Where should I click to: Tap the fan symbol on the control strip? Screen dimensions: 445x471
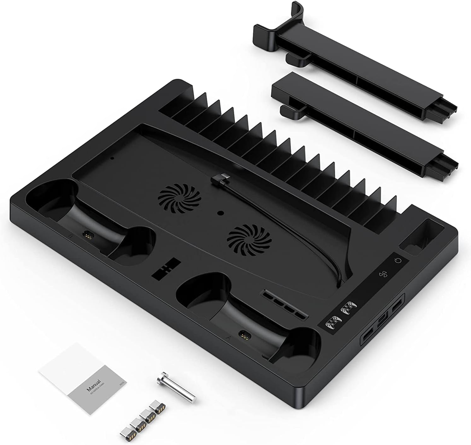[382, 274]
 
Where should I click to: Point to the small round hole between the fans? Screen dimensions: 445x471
[221, 213]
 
